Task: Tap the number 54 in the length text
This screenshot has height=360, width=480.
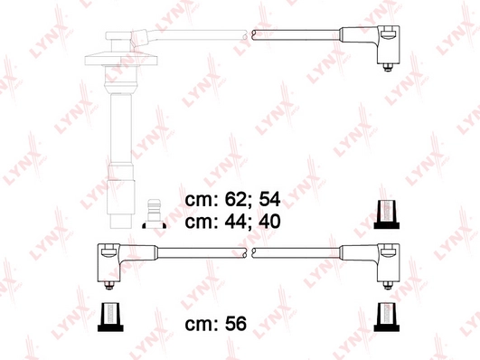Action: tap(269, 200)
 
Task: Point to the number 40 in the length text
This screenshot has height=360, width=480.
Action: tap(269, 222)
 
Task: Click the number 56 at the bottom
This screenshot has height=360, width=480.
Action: tap(236, 324)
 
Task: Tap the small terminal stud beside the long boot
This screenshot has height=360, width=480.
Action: tap(155, 213)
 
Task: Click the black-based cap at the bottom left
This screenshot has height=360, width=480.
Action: tap(110, 317)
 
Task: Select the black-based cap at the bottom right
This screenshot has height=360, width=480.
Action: tap(387, 317)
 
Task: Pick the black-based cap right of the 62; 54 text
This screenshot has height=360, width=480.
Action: tap(387, 214)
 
